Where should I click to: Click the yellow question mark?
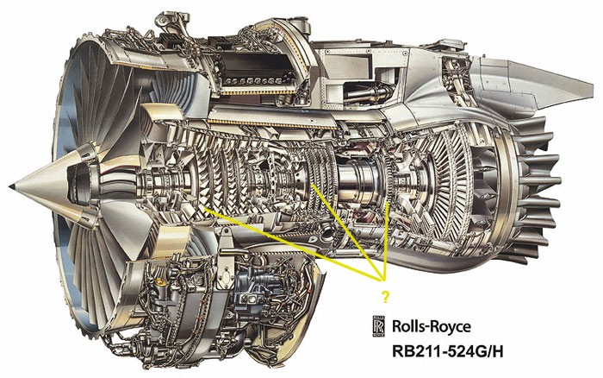click(385, 296)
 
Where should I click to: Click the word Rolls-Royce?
click(431, 327)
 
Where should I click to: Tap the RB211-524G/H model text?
click(447, 352)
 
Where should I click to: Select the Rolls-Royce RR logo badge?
click(378, 327)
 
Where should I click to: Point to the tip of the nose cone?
click(10, 186)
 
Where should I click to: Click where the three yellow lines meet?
click(383, 277)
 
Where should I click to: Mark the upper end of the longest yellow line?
click(206, 209)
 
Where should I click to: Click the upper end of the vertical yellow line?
click(388, 203)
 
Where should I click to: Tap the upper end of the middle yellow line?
click(313, 186)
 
